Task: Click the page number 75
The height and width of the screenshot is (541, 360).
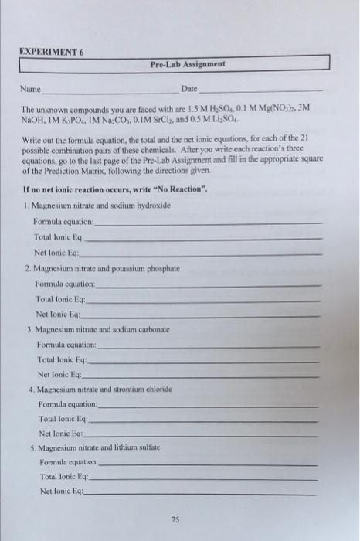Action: point(178,519)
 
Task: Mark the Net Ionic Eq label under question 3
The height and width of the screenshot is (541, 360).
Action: point(63,374)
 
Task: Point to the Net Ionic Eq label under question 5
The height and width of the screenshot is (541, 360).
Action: point(62,491)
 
